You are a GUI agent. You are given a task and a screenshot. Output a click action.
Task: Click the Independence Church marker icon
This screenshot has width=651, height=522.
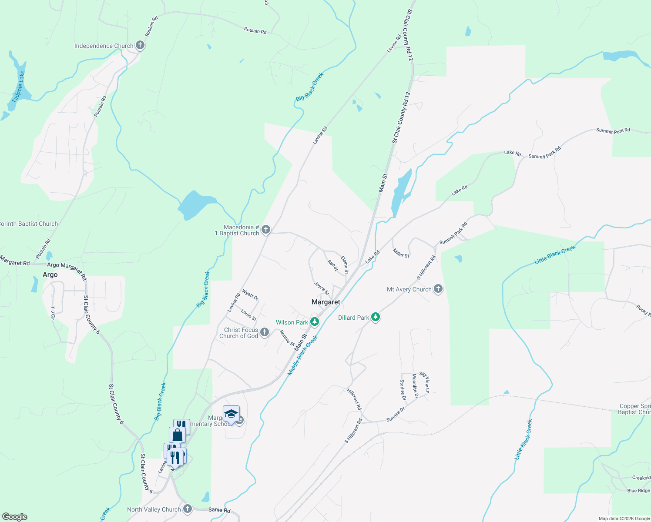[140, 45]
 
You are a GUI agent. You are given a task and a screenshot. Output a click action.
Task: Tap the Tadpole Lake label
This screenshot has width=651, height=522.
[18, 87]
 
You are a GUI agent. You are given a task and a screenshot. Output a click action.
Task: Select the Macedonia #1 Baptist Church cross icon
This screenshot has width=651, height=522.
[266, 230]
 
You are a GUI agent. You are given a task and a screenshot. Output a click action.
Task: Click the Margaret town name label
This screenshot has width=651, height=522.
[326, 302]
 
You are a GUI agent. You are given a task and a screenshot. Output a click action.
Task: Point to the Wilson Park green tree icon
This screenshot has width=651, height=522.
[314, 322]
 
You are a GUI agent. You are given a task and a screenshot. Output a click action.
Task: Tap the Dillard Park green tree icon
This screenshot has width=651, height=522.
[376, 318]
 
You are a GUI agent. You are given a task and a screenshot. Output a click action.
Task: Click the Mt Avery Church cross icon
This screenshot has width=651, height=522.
[438, 289]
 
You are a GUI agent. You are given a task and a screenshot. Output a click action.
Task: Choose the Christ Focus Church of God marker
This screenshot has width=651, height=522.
[265, 333]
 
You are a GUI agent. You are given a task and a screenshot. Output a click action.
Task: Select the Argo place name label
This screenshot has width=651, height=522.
[50, 274]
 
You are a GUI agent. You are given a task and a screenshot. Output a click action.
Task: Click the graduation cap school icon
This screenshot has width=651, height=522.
[231, 414]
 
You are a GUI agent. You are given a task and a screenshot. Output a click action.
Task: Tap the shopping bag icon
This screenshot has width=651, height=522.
[177, 435]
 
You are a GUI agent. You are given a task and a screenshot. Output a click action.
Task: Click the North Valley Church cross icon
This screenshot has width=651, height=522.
[188, 509]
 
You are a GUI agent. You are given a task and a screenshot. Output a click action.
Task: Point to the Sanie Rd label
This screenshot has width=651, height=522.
[219, 510]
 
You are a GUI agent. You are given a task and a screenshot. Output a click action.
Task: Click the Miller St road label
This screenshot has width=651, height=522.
[401, 253]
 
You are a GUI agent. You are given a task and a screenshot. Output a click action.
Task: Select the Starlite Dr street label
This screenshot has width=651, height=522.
[403, 389]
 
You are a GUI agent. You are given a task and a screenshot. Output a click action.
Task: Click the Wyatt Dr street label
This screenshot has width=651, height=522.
[250, 295]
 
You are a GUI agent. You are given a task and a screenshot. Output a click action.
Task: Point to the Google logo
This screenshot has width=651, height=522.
[15, 516]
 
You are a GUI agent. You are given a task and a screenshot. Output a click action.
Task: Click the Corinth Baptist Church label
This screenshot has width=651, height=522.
[29, 224]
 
